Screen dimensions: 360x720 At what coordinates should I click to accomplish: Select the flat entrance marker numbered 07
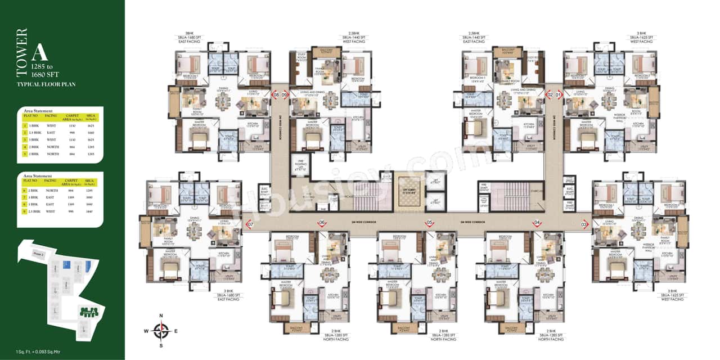pyautogui.click(x=250, y=226)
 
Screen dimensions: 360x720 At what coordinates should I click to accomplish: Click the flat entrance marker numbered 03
pyautogui.click(x=584, y=226)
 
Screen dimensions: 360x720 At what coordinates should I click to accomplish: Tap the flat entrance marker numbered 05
pyautogui.click(x=429, y=223)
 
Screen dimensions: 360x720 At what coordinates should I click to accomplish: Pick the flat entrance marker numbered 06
pyautogui.click(x=322, y=223)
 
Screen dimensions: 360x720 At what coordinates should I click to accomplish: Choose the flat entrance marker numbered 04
pyautogui.click(x=537, y=223)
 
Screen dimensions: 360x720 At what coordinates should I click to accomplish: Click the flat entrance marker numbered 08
pyautogui.click(x=276, y=95)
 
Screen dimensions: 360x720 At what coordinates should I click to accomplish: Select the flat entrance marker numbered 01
pyautogui.click(x=559, y=95)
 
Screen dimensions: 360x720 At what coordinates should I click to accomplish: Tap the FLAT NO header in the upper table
pyautogui.click(x=29, y=116)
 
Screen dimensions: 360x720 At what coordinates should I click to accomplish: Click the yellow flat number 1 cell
pyautogui.click(x=25, y=126)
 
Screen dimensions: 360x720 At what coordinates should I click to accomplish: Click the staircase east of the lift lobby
pyautogui.click(x=513, y=194)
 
